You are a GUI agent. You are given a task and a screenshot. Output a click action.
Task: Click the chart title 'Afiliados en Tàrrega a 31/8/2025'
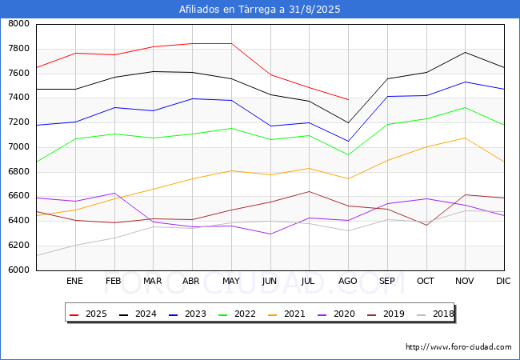point(260,10)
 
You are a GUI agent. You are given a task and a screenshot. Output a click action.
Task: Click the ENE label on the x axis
point(74,282)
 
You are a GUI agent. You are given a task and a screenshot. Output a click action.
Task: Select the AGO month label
point(348,282)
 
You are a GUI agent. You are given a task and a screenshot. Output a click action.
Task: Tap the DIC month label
point(503,282)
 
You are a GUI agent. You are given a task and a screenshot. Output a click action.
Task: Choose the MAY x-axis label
point(230,282)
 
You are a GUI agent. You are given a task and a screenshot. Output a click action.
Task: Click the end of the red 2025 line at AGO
point(348,99)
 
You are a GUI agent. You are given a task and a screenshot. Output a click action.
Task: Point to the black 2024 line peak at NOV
point(465,52)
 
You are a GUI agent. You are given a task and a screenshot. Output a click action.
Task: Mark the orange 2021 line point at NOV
point(465,138)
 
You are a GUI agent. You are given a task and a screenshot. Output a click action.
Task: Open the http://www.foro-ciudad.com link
point(458,347)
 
